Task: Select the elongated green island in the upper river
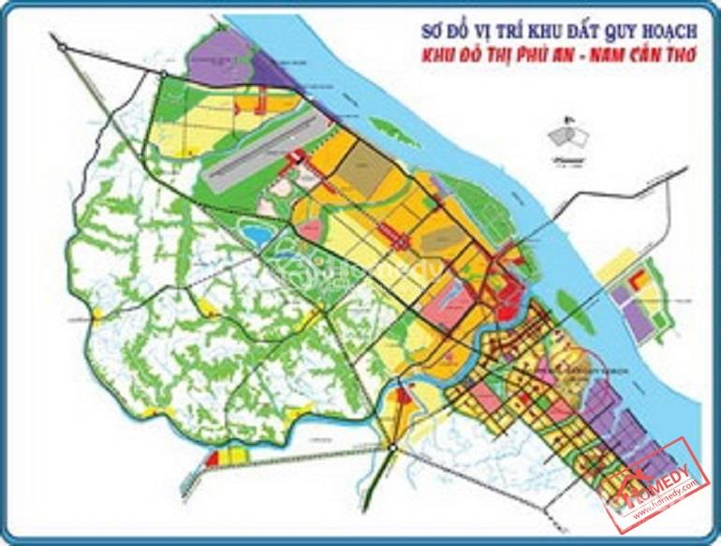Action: [x=393, y=127]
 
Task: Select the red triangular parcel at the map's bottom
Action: [x=404, y=408]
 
